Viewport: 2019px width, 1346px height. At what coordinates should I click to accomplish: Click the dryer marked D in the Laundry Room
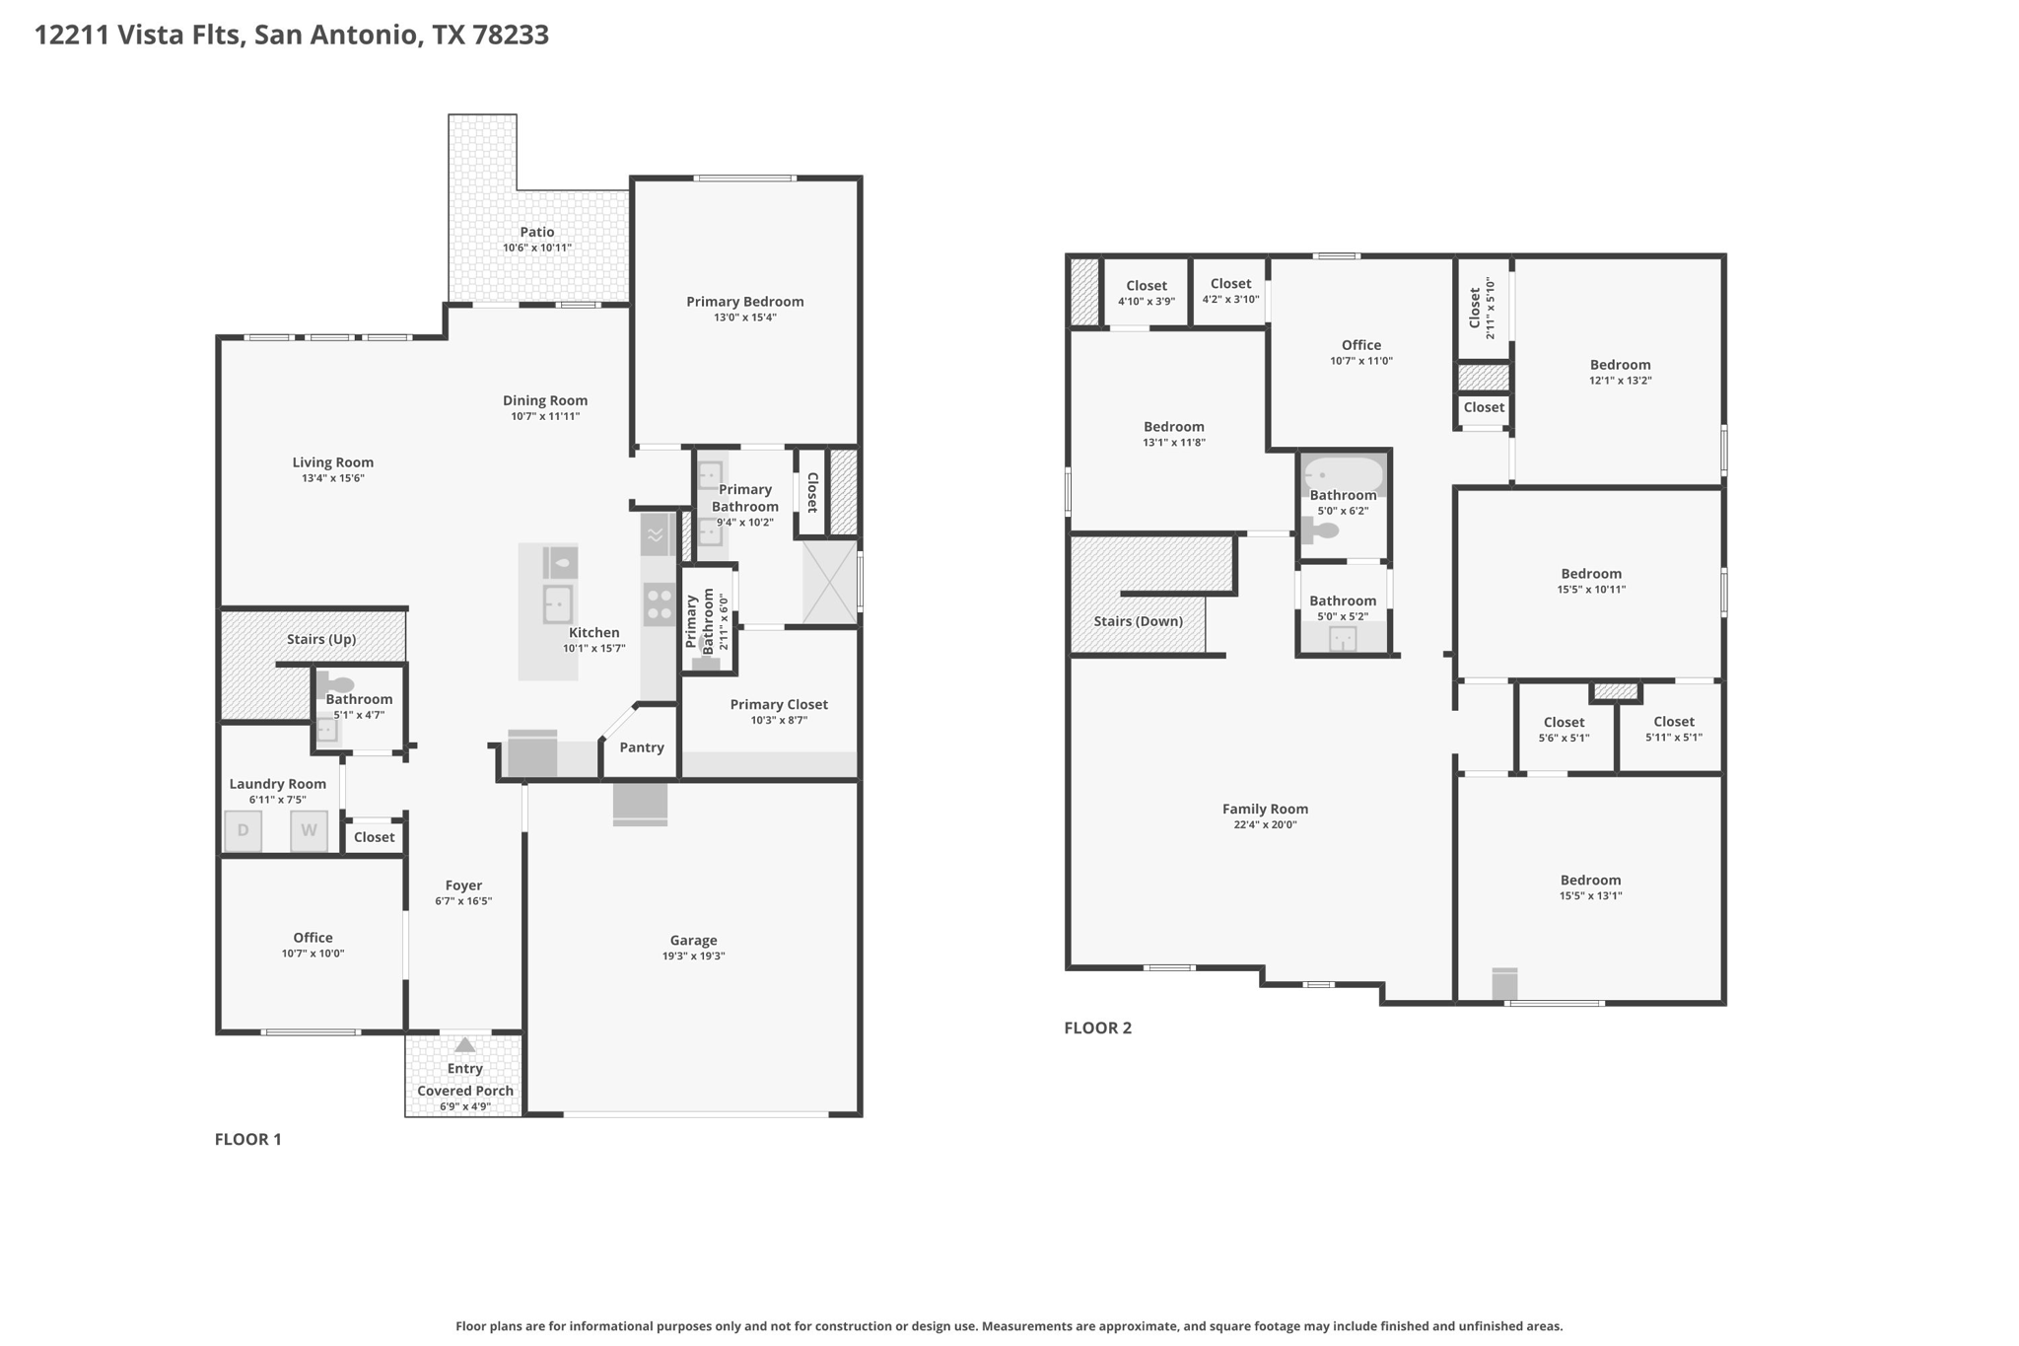[x=243, y=830]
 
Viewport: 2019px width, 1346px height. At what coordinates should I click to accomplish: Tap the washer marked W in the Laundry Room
[x=309, y=830]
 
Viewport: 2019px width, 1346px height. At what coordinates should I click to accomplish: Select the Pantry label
[x=642, y=747]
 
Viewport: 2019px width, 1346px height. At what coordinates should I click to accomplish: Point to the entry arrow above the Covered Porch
[x=464, y=1045]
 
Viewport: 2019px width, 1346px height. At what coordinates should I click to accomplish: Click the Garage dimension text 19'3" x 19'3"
[x=694, y=956]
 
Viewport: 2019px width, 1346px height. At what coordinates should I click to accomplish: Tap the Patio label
[x=537, y=232]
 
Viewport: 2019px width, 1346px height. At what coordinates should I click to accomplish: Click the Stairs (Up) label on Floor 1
[x=321, y=639]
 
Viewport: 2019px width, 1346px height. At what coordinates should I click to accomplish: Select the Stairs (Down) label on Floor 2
[x=1139, y=621]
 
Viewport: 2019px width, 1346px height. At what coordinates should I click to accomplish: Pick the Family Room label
[x=1265, y=809]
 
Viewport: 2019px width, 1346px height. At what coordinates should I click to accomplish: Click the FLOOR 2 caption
[x=1098, y=1027]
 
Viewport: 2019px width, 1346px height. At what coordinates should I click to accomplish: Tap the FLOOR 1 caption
[x=248, y=1139]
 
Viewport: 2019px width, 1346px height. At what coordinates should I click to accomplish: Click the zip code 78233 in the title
[x=511, y=35]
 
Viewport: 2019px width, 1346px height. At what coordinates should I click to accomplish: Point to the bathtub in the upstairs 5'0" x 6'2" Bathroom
[x=1344, y=475]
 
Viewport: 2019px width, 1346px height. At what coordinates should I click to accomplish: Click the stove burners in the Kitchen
[x=660, y=604]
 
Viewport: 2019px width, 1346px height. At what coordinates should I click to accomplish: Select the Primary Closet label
[x=779, y=704]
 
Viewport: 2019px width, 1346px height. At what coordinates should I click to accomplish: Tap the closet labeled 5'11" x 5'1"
[x=1673, y=728]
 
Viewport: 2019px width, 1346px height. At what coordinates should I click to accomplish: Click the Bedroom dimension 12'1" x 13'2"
[x=1620, y=381]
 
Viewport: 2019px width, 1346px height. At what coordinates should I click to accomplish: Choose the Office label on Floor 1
[x=313, y=938]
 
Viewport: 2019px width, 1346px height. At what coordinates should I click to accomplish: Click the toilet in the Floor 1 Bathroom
[x=335, y=684]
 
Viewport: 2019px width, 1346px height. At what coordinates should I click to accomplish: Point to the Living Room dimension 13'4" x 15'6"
[x=333, y=478]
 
